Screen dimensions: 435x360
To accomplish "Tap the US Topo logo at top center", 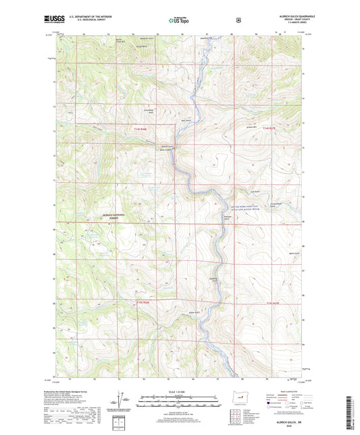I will pos(180,21).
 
